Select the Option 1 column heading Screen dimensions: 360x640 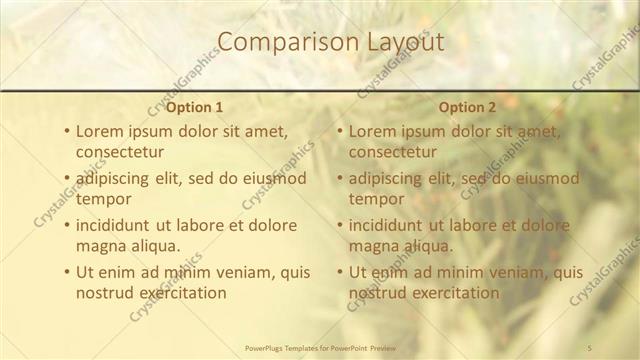(194, 107)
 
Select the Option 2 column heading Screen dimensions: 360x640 (467, 107)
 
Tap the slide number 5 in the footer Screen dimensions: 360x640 (590, 347)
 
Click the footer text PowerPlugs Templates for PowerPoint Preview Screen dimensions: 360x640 (319, 347)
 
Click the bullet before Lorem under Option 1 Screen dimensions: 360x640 (66, 131)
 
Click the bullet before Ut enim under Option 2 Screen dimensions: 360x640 (339, 271)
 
